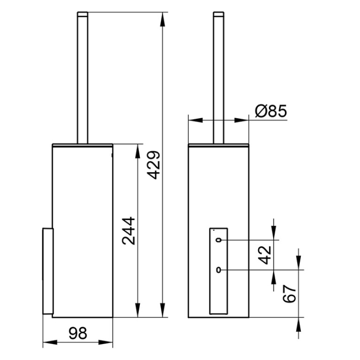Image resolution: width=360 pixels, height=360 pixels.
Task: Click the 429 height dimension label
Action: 153,165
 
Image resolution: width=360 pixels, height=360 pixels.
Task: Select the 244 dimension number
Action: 129,231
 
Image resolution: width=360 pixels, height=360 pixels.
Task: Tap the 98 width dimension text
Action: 78,333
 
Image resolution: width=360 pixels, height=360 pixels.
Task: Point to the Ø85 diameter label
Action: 271,111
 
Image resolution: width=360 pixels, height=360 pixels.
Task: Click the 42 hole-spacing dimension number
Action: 265,255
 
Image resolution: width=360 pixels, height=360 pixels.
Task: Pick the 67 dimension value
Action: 290,294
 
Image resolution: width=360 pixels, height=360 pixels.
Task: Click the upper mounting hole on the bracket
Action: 218,240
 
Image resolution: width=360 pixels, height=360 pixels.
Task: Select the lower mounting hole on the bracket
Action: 218,270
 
